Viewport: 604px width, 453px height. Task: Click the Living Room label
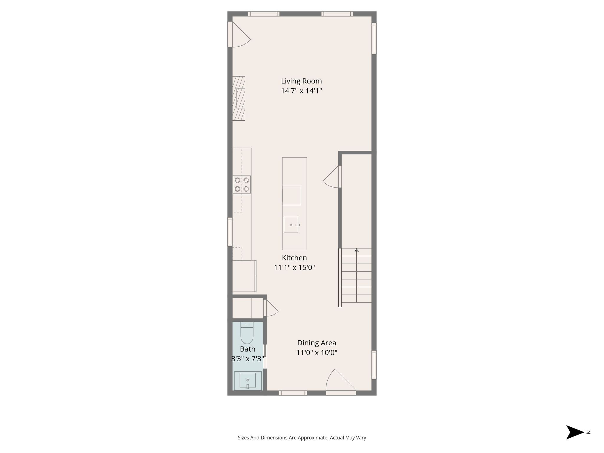[301, 81]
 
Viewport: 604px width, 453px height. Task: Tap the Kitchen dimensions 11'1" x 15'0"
[294, 267]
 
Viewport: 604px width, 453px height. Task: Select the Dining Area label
[316, 343]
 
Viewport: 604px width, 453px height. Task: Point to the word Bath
[247, 349]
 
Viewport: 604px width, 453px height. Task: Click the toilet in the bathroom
[247, 333]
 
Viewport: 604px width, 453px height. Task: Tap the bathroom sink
[248, 380]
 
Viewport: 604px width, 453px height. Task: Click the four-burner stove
[242, 185]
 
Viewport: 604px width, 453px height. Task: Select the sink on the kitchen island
[291, 225]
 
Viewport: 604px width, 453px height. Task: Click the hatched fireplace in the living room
[239, 98]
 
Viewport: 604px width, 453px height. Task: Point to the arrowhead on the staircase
[357, 250]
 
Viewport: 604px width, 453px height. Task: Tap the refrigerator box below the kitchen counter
[244, 276]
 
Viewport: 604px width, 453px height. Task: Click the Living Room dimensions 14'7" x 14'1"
[301, 91]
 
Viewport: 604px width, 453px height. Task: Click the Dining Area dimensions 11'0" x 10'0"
[316, 352]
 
